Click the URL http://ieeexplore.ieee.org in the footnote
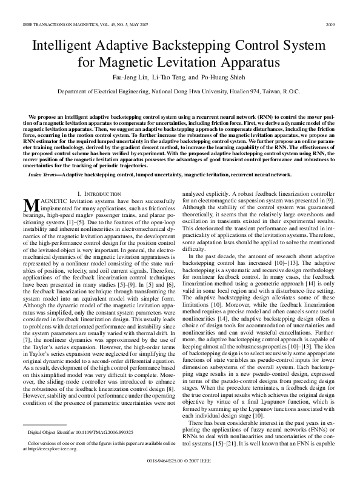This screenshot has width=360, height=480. pyautogui.click(x=49, y=448)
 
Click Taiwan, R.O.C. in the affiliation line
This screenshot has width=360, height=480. pyautogui.click(x=284, y=90)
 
